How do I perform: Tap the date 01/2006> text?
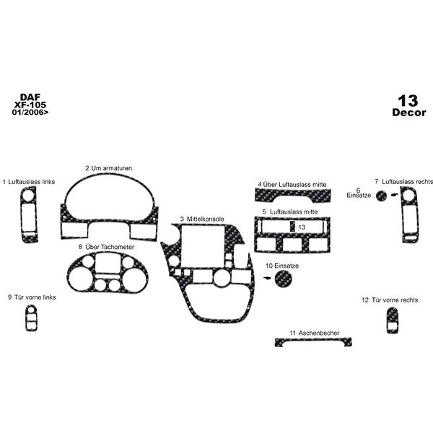point(30,113)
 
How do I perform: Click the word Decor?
point(408,112)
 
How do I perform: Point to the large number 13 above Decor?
point(407,100)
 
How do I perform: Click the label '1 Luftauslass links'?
point(29,182)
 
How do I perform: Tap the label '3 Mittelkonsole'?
point(202,218)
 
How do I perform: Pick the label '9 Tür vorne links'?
point(31,297)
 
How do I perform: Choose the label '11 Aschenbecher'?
point(315,333)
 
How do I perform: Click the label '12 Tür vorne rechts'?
point(390,299)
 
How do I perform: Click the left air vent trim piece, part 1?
point(28,216)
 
